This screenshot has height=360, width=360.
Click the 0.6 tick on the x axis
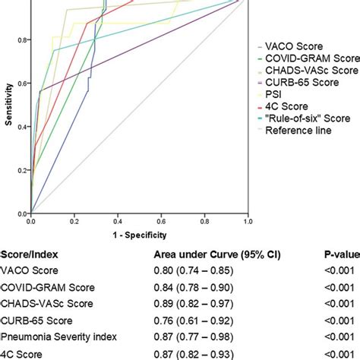(162, 221)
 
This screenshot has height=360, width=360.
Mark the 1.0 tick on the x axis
(248, 221)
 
